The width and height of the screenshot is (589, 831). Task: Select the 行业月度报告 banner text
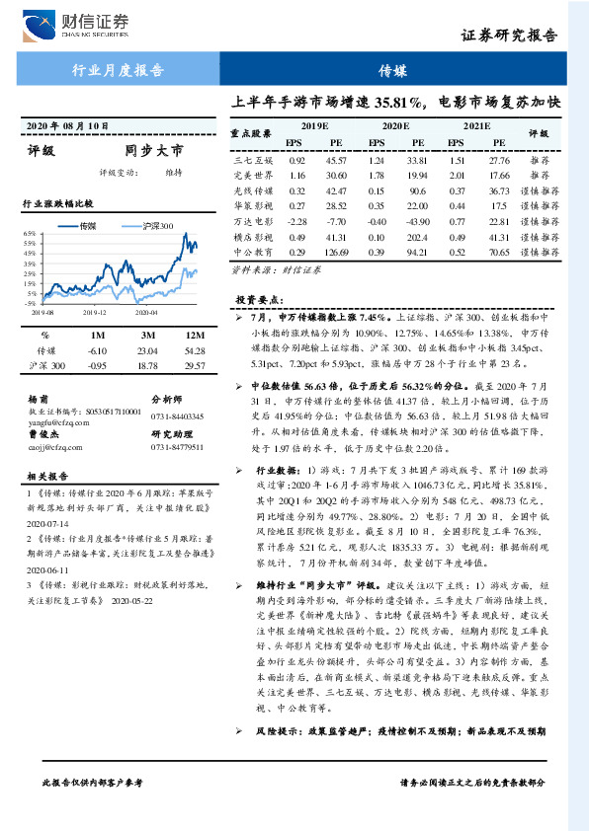(118, 71)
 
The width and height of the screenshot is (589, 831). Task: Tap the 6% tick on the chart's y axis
(30, 234)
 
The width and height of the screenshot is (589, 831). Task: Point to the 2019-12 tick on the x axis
(95, 311)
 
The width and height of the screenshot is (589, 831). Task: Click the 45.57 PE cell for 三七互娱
(336, 160)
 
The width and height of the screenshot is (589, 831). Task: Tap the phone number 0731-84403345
(177, 416)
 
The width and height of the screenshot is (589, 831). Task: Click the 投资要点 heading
(259, 299)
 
